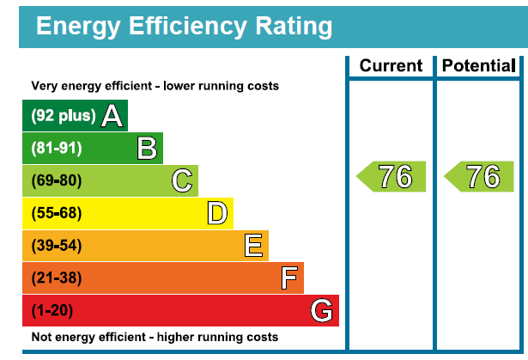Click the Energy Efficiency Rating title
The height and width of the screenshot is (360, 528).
coord(184,27)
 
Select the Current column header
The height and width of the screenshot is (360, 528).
coord(391,66)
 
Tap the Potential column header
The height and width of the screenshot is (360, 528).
coord(477,66)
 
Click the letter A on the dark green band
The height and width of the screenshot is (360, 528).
coord(112,116)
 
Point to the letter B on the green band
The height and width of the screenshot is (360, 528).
coord(148,149)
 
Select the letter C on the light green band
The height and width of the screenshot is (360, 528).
coord(182,181)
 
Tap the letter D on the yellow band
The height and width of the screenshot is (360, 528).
coord(217,214)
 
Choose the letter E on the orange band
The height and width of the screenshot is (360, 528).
coord(252,247)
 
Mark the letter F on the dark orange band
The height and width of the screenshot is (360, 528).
coord(288,278)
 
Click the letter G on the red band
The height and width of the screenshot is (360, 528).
coord(322,311)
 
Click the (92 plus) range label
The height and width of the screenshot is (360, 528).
coord(63,116)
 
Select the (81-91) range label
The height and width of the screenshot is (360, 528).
coord(57,149)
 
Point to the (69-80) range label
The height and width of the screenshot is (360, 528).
coord(57,181)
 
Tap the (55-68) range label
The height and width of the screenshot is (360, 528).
coord(57,214)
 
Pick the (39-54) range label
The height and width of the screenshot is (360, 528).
coord(57,247)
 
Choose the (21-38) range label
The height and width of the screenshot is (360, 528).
coord(57,278)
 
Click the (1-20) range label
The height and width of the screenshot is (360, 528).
coord(53,311)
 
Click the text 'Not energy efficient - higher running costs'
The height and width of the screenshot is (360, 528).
coord(155,337)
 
